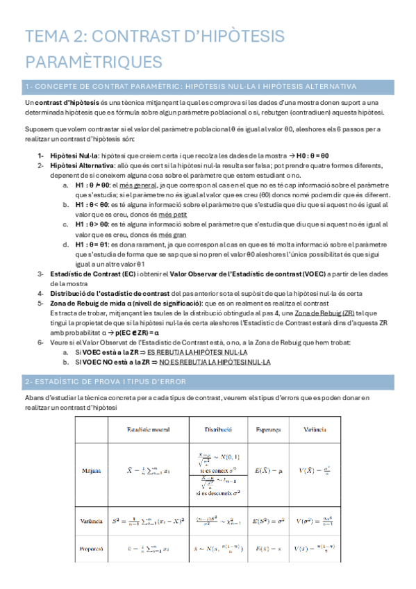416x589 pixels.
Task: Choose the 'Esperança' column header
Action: click(x=267, y=430)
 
